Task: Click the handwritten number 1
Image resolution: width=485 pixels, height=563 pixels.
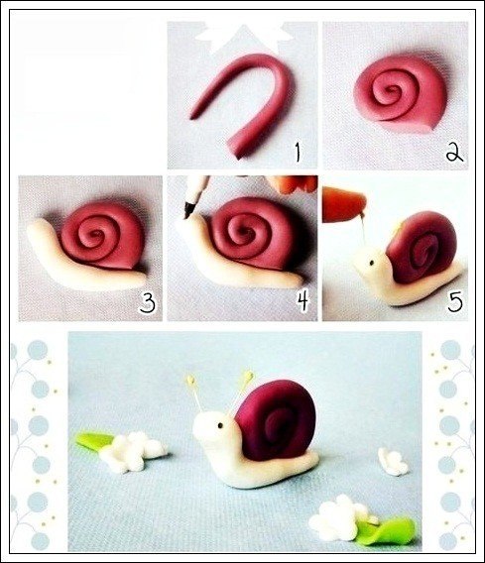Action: coord(298,152)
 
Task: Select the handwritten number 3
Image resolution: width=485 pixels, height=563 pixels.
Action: coord(148,302)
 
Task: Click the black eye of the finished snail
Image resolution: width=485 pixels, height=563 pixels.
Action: coord(220,425)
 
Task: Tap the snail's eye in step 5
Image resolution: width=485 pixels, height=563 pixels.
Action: coord(372,263)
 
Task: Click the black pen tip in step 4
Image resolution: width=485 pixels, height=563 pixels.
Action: coord(187,209)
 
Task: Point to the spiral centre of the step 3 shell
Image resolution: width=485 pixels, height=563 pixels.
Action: coord(96,234)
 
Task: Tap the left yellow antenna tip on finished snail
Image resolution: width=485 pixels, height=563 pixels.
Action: coord(190,379)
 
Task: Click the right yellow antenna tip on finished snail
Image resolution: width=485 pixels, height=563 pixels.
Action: coord(248,376)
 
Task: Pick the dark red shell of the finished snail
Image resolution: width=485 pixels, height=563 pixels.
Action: coord(276,421)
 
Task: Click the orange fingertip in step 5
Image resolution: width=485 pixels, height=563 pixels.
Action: coord(344,203)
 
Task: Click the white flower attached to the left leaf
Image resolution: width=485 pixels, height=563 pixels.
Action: coord(132,451)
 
